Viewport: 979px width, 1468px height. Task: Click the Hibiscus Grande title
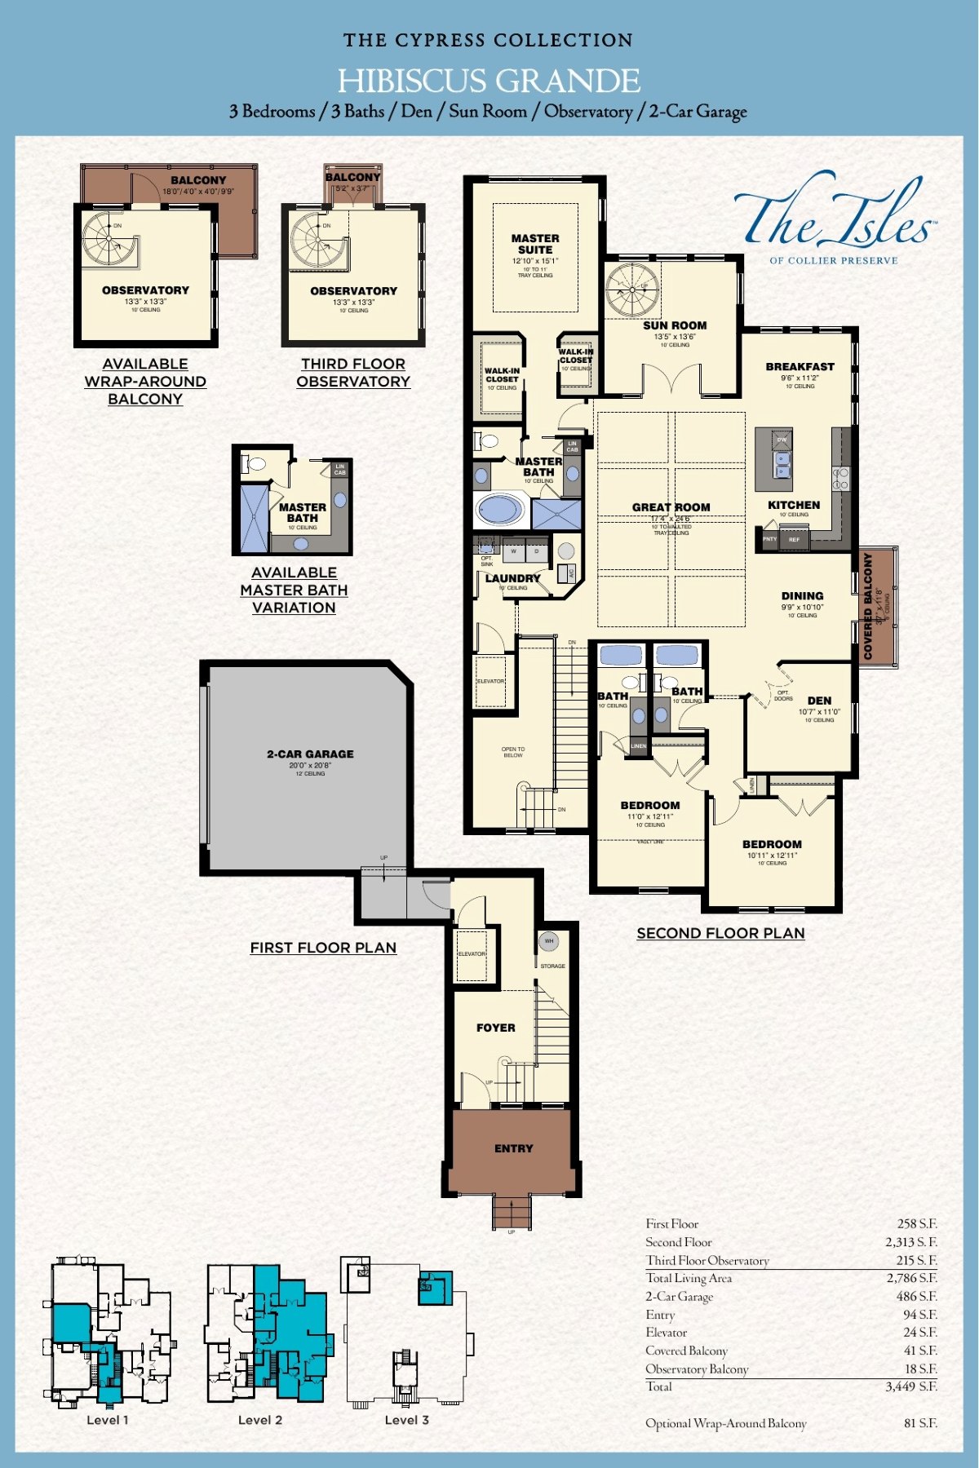(x=489, y=81)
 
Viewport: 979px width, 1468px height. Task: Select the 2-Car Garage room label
(x=310, y=754)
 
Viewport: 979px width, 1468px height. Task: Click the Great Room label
(x=671, y=507)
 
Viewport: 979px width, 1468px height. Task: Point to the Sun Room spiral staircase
(x=632, y=290)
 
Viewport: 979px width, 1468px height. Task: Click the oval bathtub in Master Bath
(x=500, y=511)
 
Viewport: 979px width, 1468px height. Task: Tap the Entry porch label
(x=513, y=1148)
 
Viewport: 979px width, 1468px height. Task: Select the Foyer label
(x=495, y=1028)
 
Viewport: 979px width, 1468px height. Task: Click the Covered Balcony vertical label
(x=868, y=606)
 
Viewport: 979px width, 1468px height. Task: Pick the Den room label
(x=819, y=701)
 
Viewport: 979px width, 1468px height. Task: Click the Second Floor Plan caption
(x=720, y=933)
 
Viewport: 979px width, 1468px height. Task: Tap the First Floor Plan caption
(x=323, y=948)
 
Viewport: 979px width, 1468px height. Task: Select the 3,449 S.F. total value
(x=910, y=1386)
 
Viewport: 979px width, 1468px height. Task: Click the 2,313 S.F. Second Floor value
(x=910, y=1242)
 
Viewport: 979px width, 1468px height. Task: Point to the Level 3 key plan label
(x=406, y=1420)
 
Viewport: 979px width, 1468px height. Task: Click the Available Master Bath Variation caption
(x=294, y=590)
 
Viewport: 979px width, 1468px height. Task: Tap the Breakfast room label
(x=800, y=367)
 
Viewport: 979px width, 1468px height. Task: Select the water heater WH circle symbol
(x=549, y=941)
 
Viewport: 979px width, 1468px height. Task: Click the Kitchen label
(x=793, y=506)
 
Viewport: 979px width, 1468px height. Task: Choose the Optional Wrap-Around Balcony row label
(x=725, y=1423)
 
